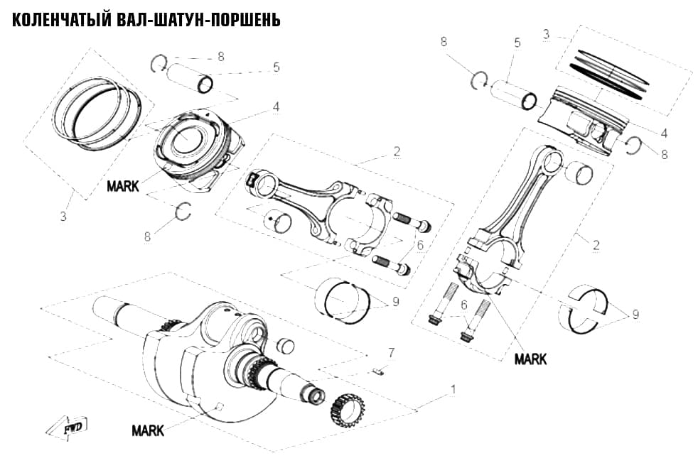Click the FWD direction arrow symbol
(68, 428)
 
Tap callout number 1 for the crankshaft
(453, 390)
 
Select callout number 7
(391, 353)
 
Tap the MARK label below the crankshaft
(148, 430)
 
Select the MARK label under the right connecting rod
(531, 359)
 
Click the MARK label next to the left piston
(123, 186)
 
